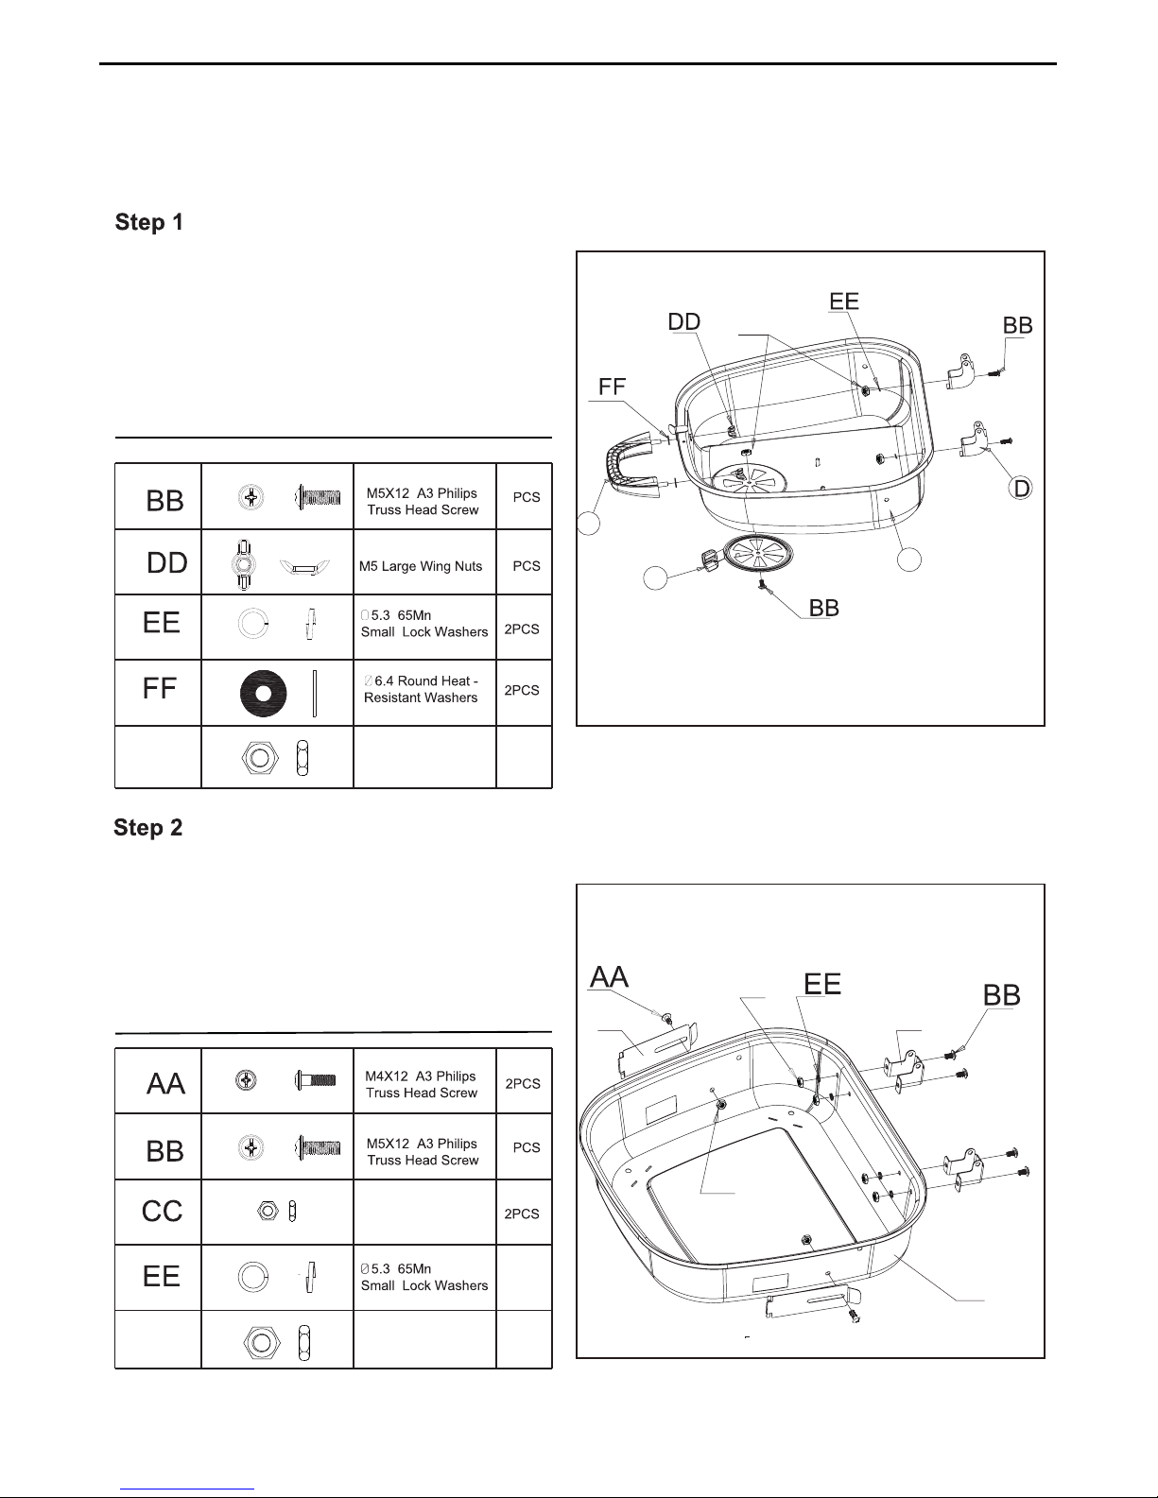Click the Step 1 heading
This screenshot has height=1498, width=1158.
coord(149,222)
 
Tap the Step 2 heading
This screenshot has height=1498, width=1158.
coord(148,827)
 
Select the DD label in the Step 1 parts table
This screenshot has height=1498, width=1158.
coord(166,563)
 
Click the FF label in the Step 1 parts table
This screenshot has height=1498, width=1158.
coord(159,688)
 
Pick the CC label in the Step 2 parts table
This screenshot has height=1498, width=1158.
coord(162,1212)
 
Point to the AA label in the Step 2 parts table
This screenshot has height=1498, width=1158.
coord(165,1084)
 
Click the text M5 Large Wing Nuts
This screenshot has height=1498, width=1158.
coord(421,566)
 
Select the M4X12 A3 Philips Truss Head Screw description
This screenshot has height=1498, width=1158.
coord(422,1084)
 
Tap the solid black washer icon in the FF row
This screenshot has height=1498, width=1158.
coord(264,693)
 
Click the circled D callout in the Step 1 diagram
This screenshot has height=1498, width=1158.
coord(1021,489)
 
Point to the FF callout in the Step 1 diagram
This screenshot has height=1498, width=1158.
coord(613,387)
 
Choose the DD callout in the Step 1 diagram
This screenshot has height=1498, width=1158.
coord(683,322)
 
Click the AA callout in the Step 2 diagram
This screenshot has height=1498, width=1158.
coord(610,977)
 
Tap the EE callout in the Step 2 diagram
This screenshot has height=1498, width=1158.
coord(822,984)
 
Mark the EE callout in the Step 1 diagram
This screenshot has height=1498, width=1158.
coord(844,301)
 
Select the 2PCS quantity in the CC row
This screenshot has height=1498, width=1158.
coord(522,1214)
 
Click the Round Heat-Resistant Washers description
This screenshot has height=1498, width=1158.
coord(421,689)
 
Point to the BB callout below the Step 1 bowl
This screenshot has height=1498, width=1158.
coord(823,608)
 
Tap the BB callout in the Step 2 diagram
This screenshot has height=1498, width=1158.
coord(1001,995)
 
